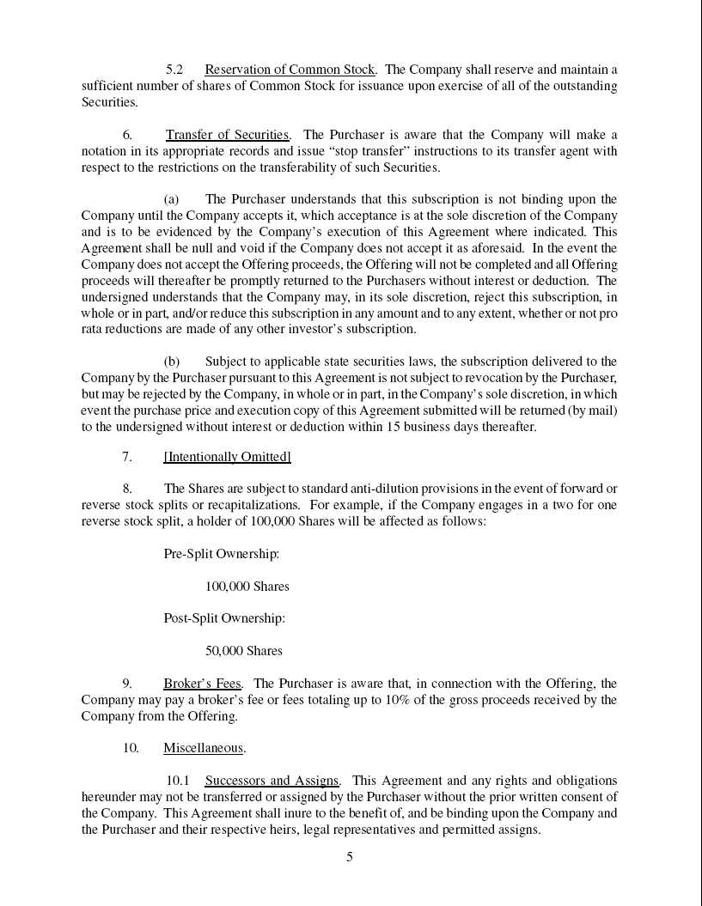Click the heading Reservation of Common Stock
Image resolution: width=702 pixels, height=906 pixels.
click(x=290, y=70)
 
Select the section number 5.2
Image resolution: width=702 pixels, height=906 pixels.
click(x=174, y=70)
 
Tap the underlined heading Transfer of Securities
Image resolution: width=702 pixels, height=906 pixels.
click(x=227, y=135)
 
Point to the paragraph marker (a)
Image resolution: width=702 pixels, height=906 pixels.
click(x=171, y=199)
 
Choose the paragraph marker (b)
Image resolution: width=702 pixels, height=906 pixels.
click(x=171, y=362)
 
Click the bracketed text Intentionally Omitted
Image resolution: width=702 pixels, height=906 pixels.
click(x=227, y=457)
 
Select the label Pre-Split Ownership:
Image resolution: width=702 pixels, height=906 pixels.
click(x=221, y=554)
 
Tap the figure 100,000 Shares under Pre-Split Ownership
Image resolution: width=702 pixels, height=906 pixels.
click(x=247, y=587)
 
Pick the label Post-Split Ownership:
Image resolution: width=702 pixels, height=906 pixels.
click(x=224, y=618)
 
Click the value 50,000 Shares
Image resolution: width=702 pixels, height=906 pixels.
click(x=243, y=651)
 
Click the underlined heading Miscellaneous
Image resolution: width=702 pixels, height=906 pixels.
click(x=204, y=748)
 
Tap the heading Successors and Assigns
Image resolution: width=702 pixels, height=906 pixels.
click(x=272, y=781)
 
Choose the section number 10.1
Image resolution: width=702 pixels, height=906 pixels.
click(x=177, y=781)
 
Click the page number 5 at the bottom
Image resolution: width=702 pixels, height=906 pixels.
click(x=350, y=856)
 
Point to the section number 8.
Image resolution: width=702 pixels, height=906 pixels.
click(x=127, y=489)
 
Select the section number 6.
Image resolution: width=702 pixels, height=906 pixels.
click(x=127, y=135)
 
